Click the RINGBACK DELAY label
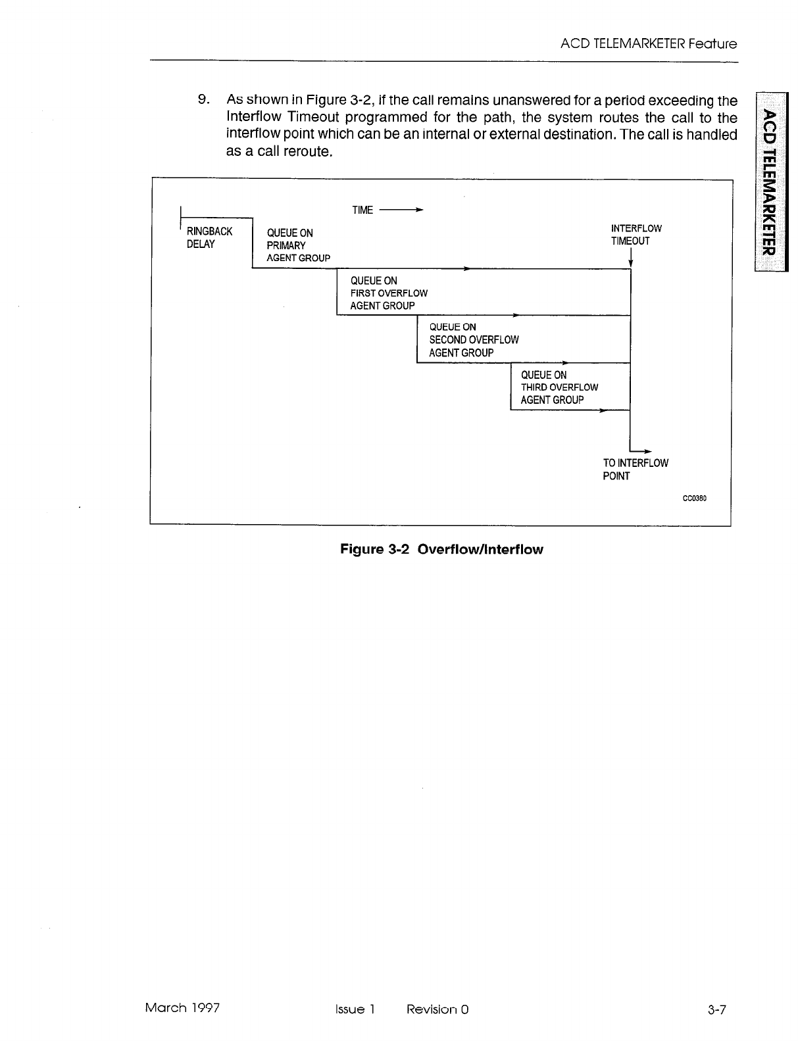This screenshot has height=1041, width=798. pos(209,238)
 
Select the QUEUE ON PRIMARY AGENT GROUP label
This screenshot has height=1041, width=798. pos(297,245)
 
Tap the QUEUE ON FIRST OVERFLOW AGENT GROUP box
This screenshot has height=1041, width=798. pos(388,293)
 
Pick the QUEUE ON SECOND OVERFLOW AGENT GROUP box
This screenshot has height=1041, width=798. pos(473,340)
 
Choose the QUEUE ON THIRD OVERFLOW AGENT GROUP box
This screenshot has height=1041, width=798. pos(559,388)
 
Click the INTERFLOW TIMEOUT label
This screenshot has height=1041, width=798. pos(636,235)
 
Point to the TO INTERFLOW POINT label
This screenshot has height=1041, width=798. pos(635,470)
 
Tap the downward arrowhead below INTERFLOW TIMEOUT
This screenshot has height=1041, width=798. pos(630,264)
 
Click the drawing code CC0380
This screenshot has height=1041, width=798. pos(694,498)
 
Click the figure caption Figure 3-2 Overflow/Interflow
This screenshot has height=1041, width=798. pos(441,550)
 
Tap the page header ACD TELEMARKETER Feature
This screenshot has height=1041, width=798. pos(648,44)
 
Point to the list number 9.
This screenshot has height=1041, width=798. pos(204,100)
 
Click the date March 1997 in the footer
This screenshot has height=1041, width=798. pos(182,1008)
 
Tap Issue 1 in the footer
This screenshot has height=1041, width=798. pos(354,1009)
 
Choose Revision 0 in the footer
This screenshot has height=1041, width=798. pos(437,1009)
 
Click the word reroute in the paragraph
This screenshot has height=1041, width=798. pos(305,152)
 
